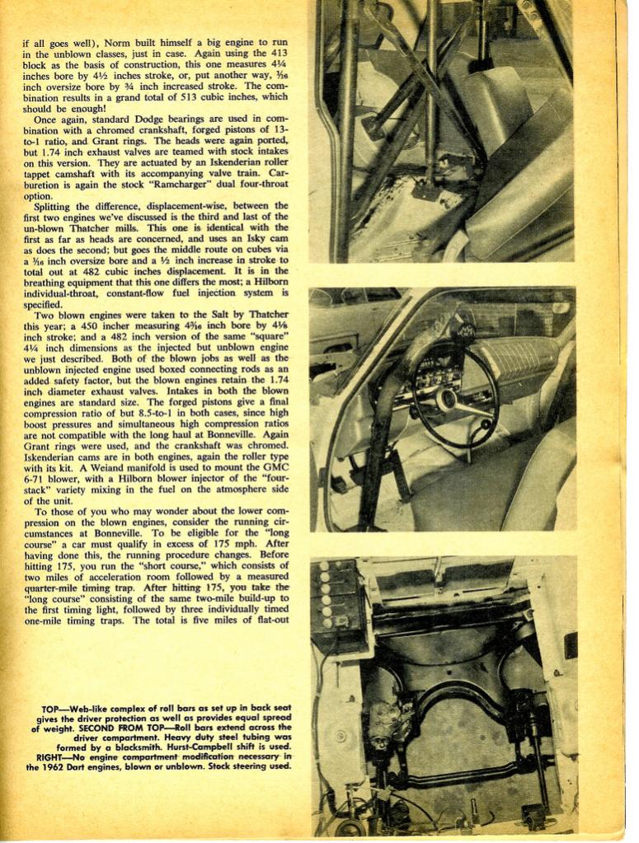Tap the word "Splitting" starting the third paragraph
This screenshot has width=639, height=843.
56,206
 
